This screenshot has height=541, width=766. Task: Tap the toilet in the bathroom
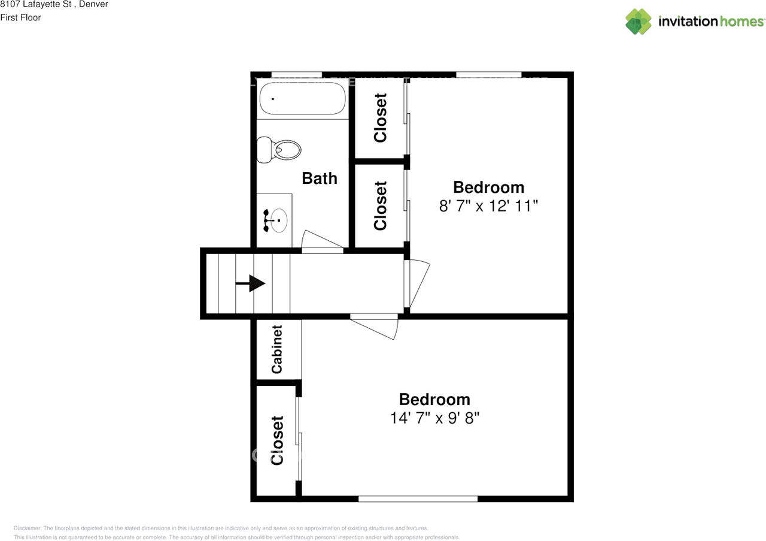point(279,149)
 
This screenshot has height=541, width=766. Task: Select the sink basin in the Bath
point(278,220)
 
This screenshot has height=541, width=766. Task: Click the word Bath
point(320,178)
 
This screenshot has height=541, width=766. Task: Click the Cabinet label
point(276,349)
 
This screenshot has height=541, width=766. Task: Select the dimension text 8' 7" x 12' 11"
point(488,206)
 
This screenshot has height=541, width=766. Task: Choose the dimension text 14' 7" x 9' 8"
point(434,418)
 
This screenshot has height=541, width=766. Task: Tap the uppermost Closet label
point(380,118)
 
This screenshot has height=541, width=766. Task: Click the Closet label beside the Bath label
point(380,205)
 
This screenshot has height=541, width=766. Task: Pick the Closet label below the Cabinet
point(276,440)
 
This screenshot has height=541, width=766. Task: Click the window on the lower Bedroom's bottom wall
point(418,498)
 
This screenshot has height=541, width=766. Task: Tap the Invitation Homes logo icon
point(639,22)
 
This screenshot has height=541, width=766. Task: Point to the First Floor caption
point(20,17)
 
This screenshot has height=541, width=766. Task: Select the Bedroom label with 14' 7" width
point(434,399)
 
